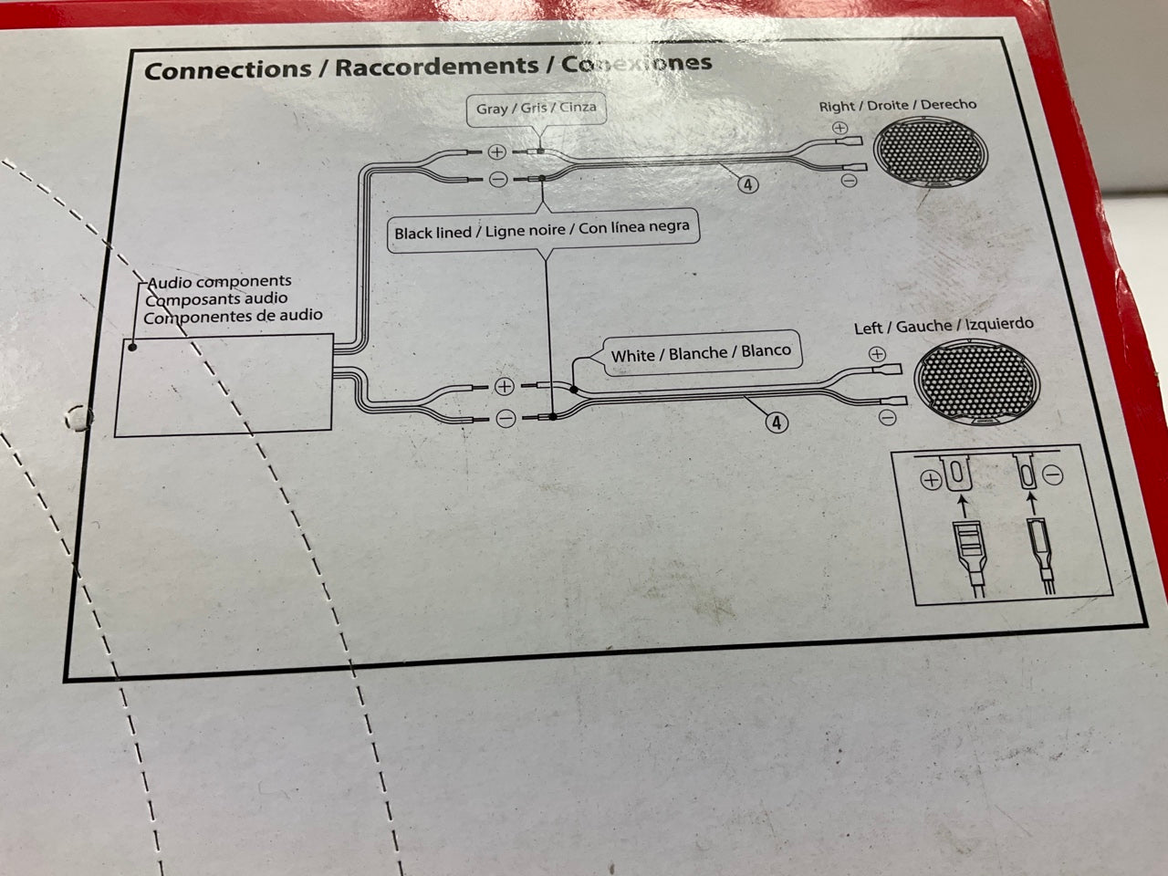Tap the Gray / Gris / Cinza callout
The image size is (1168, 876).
pos(537,109)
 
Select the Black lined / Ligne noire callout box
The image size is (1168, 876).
pos(542,230)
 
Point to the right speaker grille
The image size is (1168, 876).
pos(930,152)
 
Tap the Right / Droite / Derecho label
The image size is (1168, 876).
pos(898,105)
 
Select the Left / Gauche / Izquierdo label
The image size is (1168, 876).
pos(944,326)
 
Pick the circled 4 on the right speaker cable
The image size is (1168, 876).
pos(748,185)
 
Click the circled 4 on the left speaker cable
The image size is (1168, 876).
pos(777,423)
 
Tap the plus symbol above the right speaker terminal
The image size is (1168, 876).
pos(839,128)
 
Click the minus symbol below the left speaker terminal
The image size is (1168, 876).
pos(888,419)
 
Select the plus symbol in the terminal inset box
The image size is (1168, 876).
pos(932,481)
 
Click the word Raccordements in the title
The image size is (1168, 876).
pos(436,67)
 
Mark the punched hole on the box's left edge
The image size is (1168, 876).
pos(78,418)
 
